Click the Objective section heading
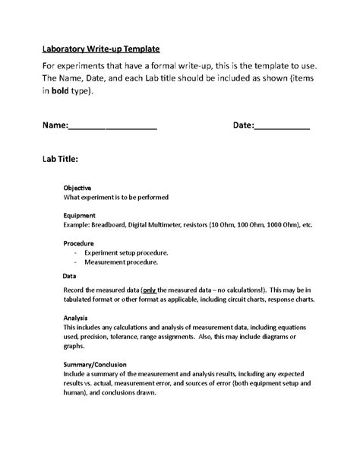pyautogui.click(x=77, y=187)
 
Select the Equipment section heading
pyautogui.click(x=80, y=215)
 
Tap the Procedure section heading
pyautogui.click(x=79, y=243)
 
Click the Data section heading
pyautogui.click(x=68, y=276)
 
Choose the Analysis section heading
pyautogui.click(x=76, y=319)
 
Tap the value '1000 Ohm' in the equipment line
pyautogui.click(x=270, y=225)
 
